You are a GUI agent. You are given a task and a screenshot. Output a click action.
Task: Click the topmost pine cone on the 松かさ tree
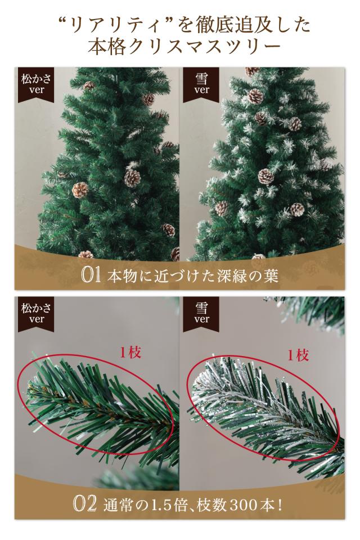pyautogui.click(x=88, y=86)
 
